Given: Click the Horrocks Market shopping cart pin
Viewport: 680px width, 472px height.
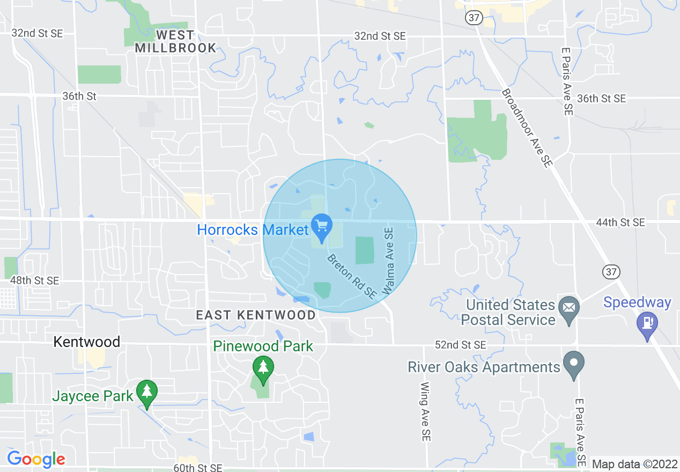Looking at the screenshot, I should [x=321, y=227].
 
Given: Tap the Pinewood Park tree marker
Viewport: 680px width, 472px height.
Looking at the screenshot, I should [x=263, y=368].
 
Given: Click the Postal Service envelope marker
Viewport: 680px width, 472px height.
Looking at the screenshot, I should [x=568, y=308].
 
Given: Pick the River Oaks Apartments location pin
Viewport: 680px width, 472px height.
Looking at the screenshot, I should [x=574, y=365].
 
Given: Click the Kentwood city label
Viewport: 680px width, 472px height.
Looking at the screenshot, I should [x=87, y=342].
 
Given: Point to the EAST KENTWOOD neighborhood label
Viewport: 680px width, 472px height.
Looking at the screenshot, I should [x=256, y=315].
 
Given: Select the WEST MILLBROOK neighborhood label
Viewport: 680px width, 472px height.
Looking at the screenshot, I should [x=175, y=41].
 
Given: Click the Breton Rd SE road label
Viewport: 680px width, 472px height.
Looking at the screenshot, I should [x=352, y=276].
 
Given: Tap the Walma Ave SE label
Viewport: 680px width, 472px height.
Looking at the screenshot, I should [x=388, y=261].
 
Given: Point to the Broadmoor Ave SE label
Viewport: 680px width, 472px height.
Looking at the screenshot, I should [x=526, y=128].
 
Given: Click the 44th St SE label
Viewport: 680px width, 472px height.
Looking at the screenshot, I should [x=620, y=222].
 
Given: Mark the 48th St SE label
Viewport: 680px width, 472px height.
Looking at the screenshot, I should [x=34, y=281].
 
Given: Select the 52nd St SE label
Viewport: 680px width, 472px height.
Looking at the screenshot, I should [x=460, y=344].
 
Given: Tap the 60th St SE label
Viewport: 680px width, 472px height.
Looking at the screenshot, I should [x=197, y=468].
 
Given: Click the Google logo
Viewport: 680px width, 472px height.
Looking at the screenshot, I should [x=36, y=459].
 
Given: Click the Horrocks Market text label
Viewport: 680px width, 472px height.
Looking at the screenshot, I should [x=253, y=230].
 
